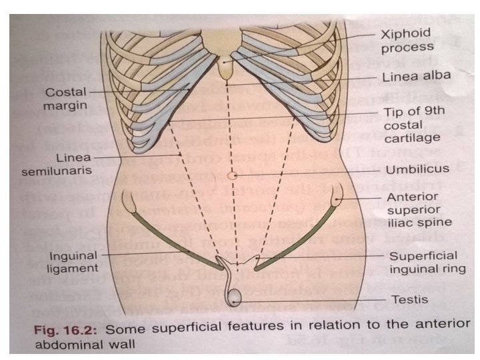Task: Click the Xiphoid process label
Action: click(406, 40)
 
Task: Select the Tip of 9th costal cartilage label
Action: click(411, 125)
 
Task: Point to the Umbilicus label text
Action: click(417, 169)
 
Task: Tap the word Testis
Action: click(410, 299)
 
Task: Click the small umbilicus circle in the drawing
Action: click(232, 176)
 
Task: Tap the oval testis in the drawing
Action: click(234, 295)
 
